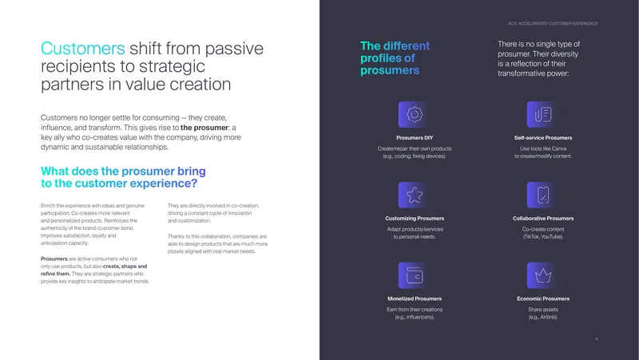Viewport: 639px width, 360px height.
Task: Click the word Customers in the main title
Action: (x=83, y=49)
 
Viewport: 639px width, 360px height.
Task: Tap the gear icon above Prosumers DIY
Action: (x=415, y=114)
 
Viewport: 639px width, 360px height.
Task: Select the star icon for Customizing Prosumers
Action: (x=415, y=195)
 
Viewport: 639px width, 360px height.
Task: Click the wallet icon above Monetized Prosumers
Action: (x=415, y=275)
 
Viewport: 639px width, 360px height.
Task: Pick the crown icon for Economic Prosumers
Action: (x=543, y=275)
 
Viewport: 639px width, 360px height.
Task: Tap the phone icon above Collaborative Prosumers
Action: (x=543, y=195)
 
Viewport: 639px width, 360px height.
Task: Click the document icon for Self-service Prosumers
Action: (x=543, y=114)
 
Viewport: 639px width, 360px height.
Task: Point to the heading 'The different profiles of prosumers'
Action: (x=395, y=57)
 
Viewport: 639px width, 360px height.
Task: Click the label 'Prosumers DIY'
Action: (x=415, y=137)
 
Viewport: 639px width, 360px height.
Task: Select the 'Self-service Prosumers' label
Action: (x=543, y=137)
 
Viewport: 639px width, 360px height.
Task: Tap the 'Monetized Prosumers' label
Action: (x=415, y=299)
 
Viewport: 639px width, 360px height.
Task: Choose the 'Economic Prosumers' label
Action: (x=543, y=299)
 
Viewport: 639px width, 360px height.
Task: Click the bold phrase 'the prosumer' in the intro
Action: (x=204, y=128)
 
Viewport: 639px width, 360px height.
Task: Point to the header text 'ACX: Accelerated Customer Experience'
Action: (x=553, y=24)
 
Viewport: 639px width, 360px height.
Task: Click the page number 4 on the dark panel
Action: (x=596, y=338)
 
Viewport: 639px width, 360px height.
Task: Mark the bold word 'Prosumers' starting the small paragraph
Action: (x=54, y=259)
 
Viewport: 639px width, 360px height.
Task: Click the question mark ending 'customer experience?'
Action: (x=194, y=184)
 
